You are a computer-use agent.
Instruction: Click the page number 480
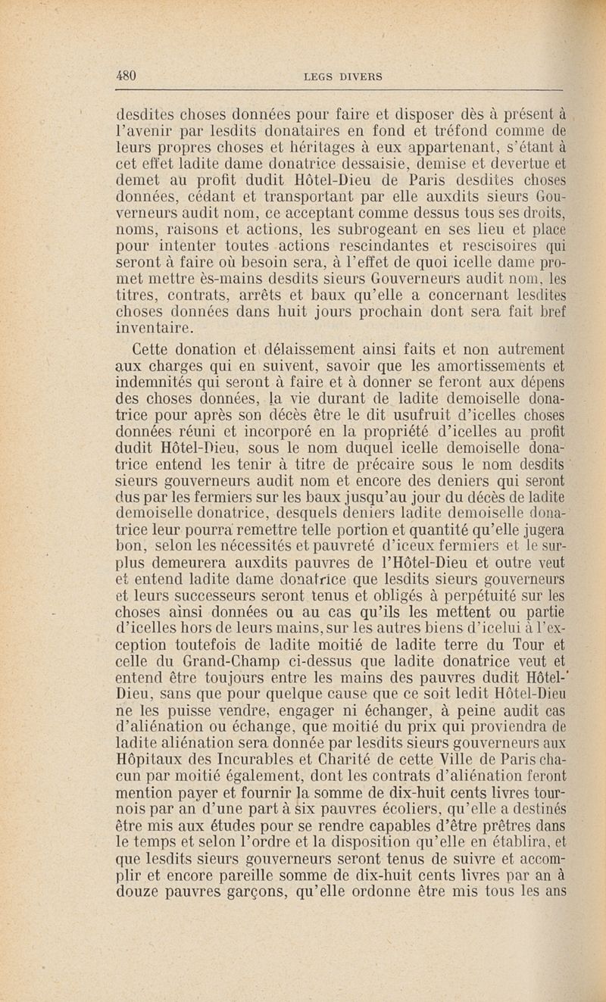click(x=125, y=75)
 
